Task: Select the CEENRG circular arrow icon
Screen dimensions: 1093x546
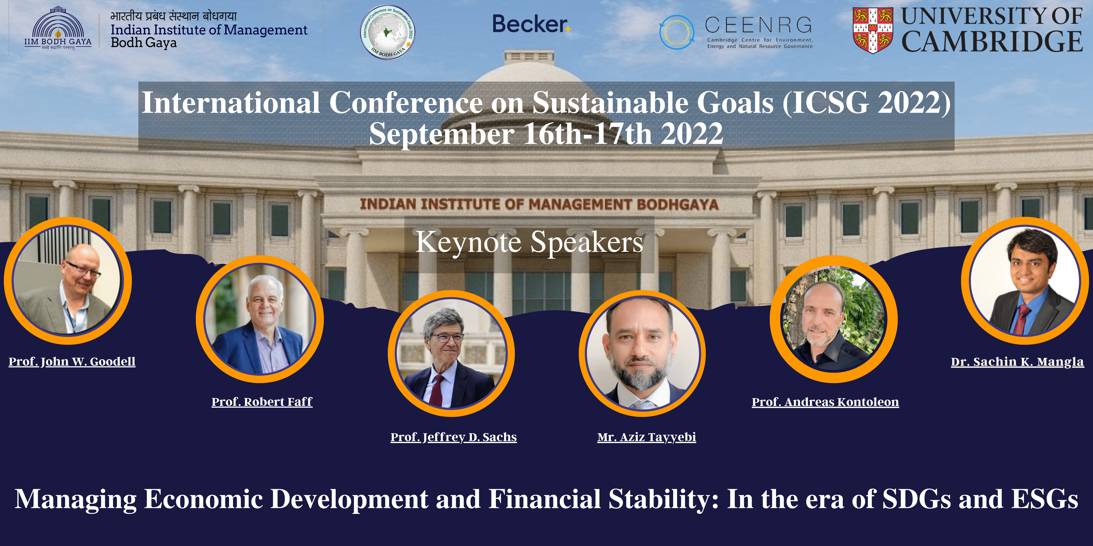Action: pos(677,32)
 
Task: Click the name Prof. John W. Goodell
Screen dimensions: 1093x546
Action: pos(72,362)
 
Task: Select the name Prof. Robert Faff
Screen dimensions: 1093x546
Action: pos(262,401)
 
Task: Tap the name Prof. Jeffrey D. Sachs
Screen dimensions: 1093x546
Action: pos(454,437)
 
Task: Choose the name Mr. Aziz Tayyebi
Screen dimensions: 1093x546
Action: pos(647,437)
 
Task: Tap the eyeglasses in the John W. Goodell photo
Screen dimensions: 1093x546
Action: pos(83,269)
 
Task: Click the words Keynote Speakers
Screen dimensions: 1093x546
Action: pos(529,242)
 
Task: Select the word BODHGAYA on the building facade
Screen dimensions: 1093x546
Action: pos(678,204)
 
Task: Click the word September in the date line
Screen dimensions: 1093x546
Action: pos(442,133)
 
